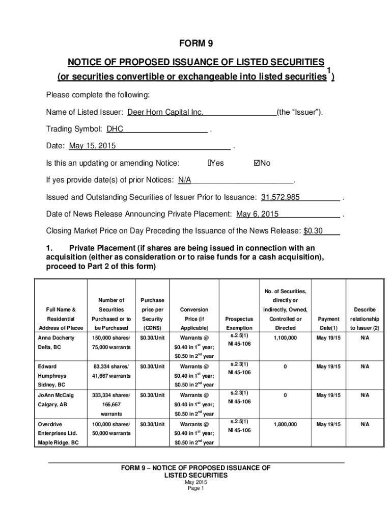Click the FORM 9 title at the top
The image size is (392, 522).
[196, 43]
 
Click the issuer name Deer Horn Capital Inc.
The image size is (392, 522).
[165, 112]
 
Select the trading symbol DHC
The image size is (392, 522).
[115, 129]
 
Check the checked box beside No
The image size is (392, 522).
[256, 163]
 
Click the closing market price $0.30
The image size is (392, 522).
[313, 231]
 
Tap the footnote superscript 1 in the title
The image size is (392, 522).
[329, 70]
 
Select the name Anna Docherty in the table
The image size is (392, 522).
[56, 338]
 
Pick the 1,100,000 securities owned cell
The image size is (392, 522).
[285, 338]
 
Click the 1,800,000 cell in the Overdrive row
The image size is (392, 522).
[285, 424]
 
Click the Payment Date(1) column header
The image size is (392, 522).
[327, 324]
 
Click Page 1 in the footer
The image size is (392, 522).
[196, 488]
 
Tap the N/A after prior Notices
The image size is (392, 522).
[184, 180]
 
